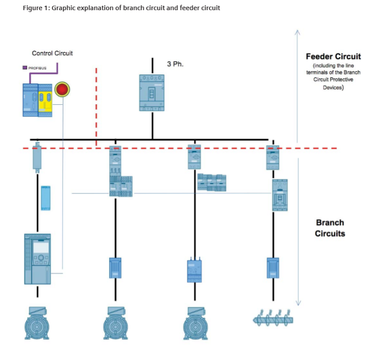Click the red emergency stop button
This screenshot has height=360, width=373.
62,89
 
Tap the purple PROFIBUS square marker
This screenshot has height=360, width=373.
25,68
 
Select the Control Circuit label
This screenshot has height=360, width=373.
52,53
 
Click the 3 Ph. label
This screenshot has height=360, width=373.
175,64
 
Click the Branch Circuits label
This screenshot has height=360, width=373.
330,228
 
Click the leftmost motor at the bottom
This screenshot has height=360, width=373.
37,323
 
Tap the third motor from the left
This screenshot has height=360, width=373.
195,323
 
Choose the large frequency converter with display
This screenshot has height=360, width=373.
37,259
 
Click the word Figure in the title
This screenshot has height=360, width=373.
32,9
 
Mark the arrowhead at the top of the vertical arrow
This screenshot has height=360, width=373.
298,32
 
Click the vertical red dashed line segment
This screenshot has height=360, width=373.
97,106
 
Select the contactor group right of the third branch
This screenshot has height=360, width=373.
211,182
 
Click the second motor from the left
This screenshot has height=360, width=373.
116,323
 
